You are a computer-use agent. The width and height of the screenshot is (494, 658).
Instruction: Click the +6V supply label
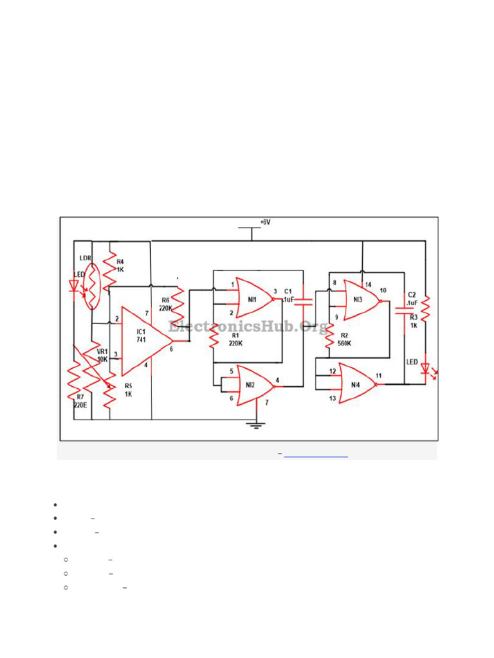pyautogui.click(x=266, y=222)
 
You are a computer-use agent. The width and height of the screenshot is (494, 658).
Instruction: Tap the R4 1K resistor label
pyautogui.click(x=120, y=266)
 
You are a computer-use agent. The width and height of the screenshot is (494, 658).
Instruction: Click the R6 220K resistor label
pyautogui.click(x=165, y=304)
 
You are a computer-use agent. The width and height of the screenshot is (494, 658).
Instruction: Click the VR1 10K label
pyautogui.click(x=102, y=355)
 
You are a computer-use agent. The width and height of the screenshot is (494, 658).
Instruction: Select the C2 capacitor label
pyautogui.click(x=412, y=299)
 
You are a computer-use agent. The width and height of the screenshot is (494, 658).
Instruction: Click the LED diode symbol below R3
pyautogui.click(x=425, y=369)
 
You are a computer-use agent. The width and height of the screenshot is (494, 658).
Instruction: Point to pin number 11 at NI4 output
pyautogui.click(x=379, y=375)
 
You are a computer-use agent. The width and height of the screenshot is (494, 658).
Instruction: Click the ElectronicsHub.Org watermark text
pyautogui.click(x=248, y=326)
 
